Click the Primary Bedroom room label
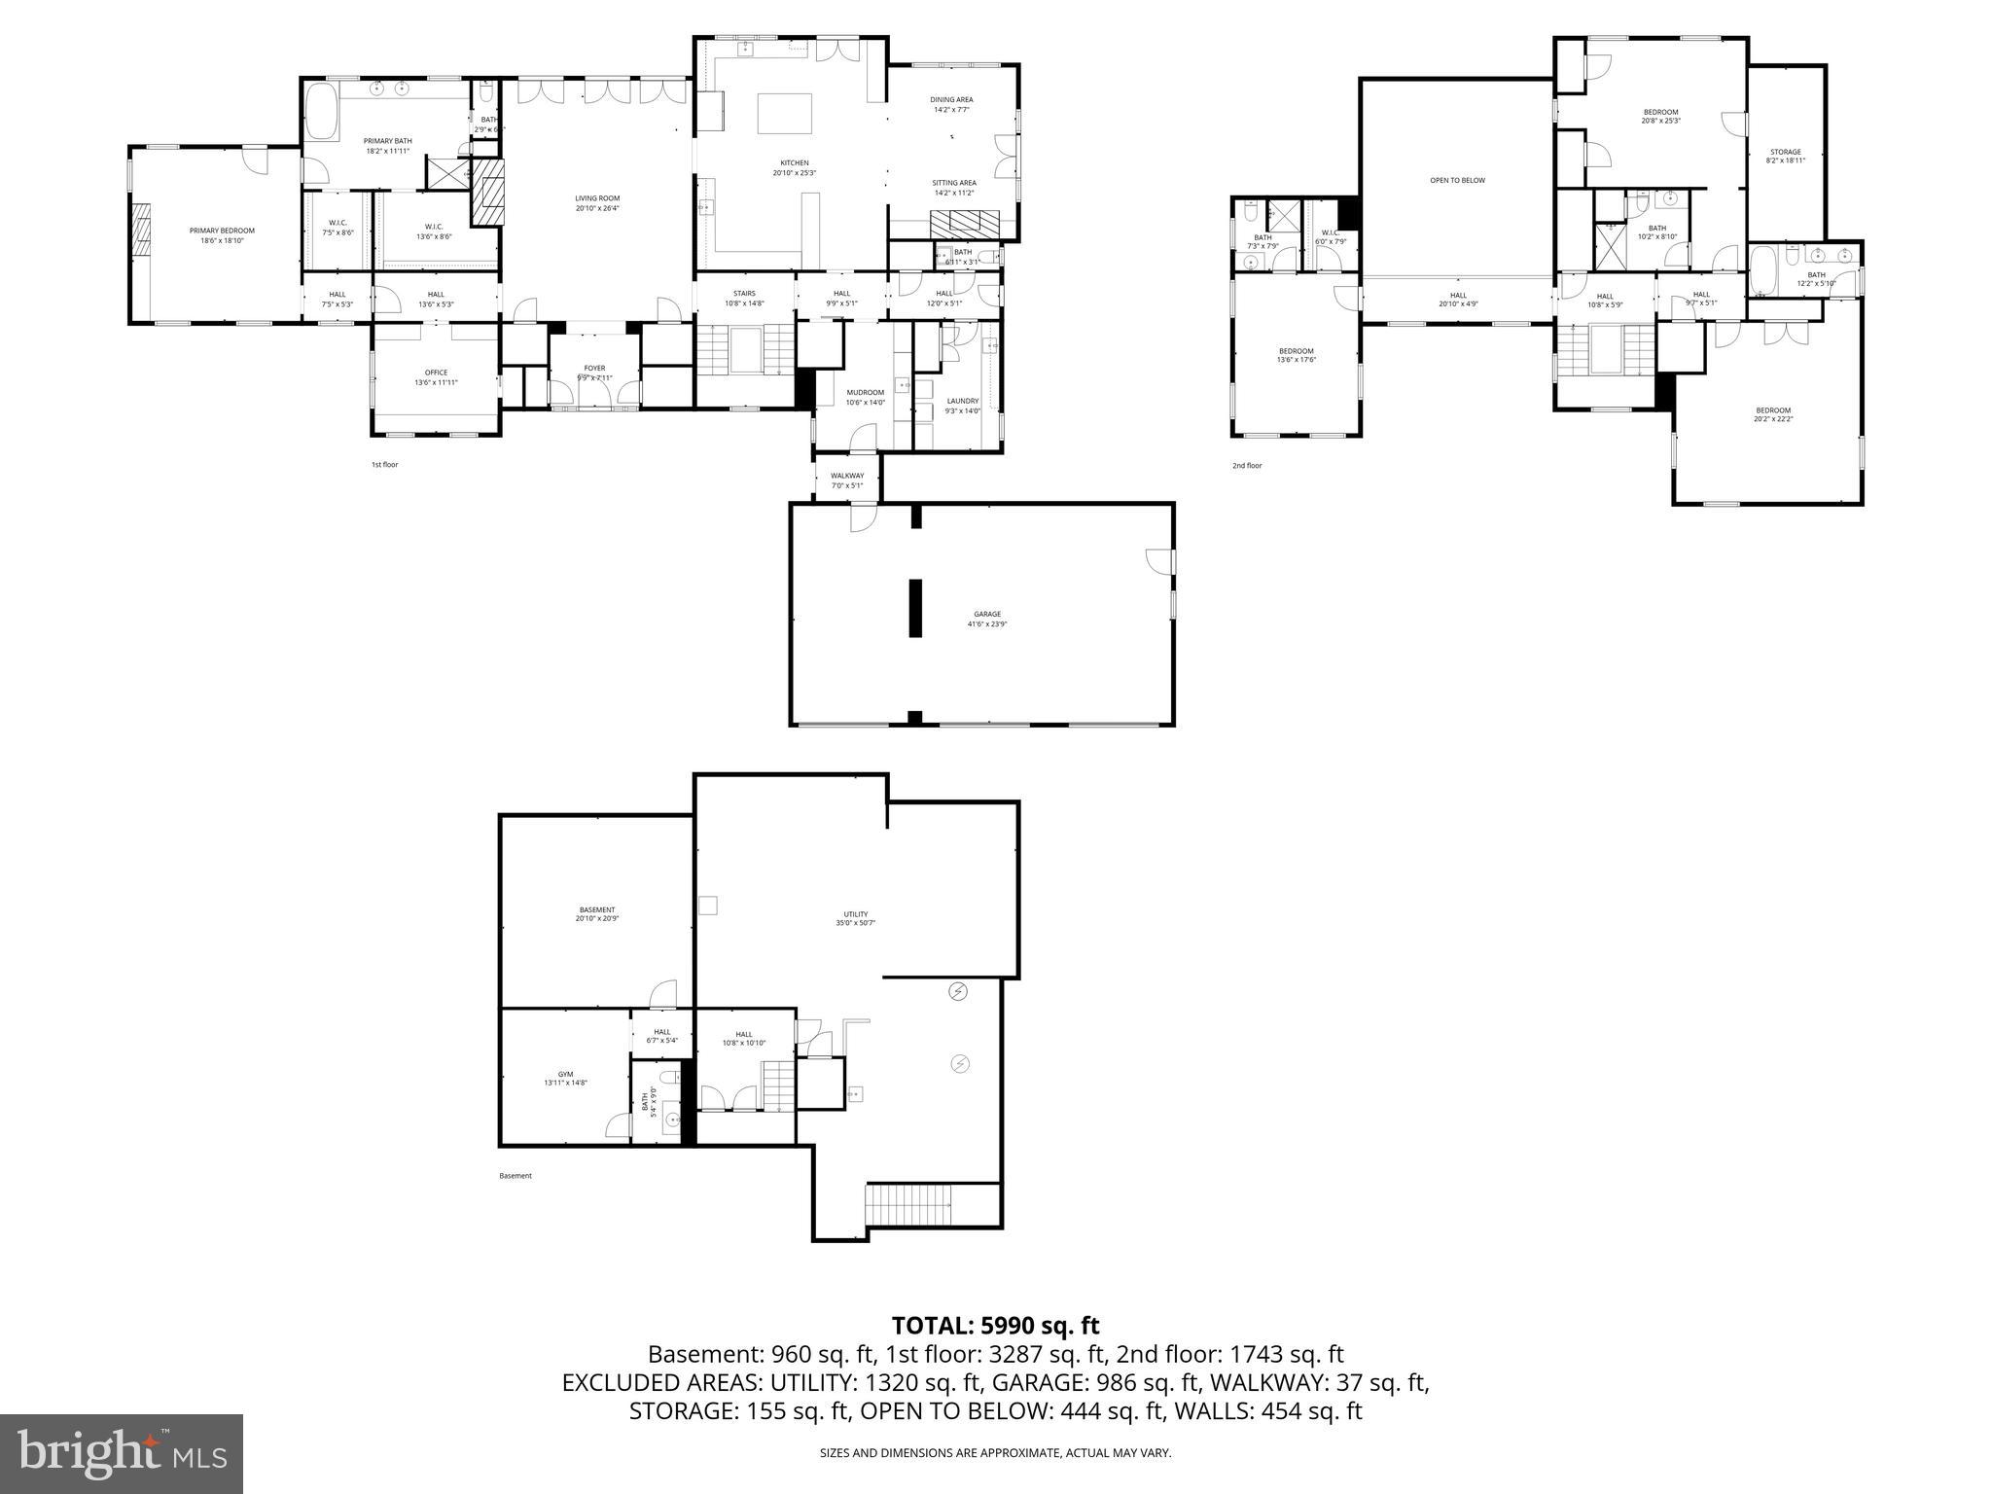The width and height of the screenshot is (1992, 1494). click(222, 231)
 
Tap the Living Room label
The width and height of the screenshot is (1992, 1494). click(597, 198)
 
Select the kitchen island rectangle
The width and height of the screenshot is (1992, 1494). click(785, 114)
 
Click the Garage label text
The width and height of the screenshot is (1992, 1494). click(987, 614)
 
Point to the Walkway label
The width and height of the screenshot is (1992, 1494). click(847, 476)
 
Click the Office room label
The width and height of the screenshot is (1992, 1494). click(436, 373)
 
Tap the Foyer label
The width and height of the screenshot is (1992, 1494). click(594, 369)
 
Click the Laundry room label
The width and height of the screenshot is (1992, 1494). click(962, 401)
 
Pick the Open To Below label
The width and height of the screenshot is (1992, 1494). click(1457, 180)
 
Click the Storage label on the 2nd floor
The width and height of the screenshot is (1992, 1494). click(1785, 152)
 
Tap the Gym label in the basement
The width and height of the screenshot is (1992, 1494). click(565, 1075)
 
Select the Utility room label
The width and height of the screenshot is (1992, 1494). click(855, 914)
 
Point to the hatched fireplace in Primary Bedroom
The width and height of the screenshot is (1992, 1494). click(142, 230)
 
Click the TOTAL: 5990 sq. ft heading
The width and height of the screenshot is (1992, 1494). click(995, 1325)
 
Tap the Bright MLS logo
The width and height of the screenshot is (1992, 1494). click(122, 1453)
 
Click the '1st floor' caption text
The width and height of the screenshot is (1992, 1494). click(384, 465)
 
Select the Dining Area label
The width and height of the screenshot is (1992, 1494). click(951, 99)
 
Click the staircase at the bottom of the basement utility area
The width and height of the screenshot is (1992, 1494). click(908, 1207)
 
